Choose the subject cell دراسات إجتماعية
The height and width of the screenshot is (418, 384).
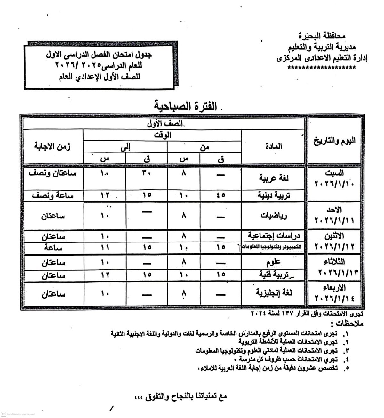pyautogui.click(x=274, y=236)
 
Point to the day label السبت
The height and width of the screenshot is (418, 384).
pyautogui.click(x=335, y=173)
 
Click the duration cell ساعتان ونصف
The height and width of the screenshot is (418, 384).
pyautogui.click(x=52, y=173)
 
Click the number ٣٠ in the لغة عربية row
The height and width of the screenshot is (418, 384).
pyautogui.click(x=147, y=173)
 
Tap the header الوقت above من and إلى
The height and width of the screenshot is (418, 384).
pyautogui.click(x=162, y=135)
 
